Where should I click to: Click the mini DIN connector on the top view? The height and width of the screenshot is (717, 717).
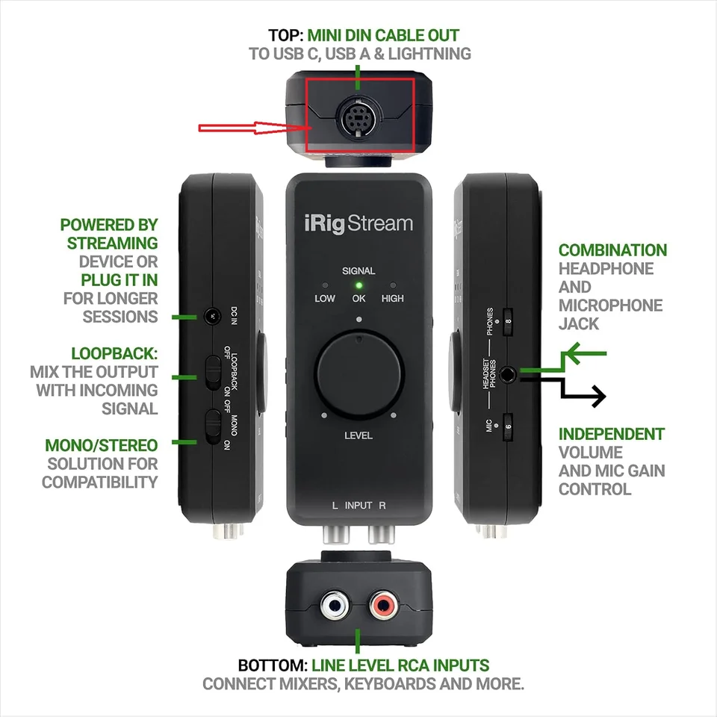358,117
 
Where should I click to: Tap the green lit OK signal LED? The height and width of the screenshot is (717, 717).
358,285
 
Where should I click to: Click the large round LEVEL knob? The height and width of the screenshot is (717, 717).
358,376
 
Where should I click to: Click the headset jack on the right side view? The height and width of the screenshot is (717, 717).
509,371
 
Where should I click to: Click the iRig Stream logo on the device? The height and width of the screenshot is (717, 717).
358,223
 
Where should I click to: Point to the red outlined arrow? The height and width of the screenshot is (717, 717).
254,128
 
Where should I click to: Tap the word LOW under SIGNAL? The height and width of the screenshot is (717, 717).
324,298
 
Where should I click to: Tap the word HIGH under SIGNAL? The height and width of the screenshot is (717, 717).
392,298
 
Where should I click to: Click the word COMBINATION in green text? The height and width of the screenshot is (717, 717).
612,250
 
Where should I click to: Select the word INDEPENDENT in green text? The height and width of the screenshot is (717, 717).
612,434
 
